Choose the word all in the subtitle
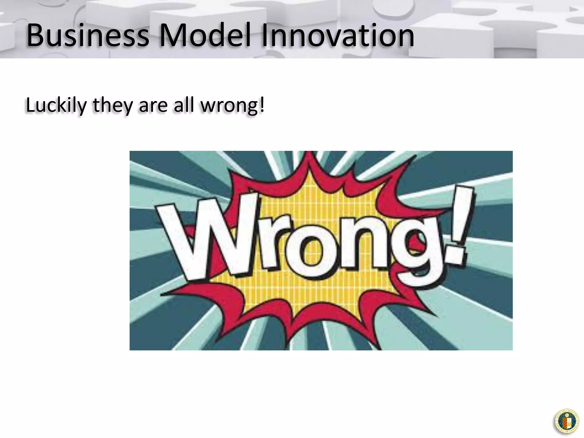[x=182, y=105]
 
